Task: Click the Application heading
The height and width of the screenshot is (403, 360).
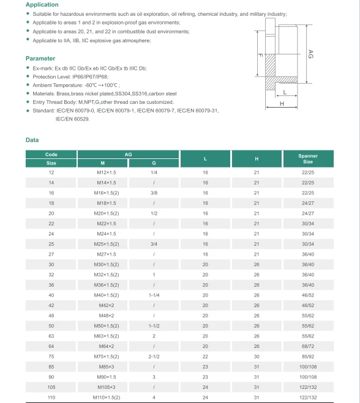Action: click(x=42, y=5)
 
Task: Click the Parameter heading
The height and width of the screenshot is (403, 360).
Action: click(x=40, y=59)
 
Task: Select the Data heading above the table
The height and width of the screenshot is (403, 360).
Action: click(x=32, y=140)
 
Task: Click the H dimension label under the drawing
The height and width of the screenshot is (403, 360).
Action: click(x=282, y=104)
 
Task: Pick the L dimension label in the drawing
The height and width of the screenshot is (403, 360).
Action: click(x=286, y=92)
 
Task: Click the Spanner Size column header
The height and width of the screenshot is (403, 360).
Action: click(x=308, y=159)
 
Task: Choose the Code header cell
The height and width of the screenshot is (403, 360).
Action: click(x=51, y=155)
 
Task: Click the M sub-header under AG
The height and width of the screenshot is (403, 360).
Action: click(x=103, y=163)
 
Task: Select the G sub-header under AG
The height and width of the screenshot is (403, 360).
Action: click(x=154, y=163)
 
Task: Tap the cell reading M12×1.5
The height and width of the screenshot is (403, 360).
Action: click(x=103, y=172)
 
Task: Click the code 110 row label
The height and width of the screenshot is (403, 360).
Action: click(x=51, y=398)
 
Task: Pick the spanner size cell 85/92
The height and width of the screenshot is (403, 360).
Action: click(x=308, y=357)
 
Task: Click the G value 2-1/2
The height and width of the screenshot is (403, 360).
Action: click(x=154, y=357)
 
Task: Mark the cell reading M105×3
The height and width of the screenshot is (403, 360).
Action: click(x=103, y=388)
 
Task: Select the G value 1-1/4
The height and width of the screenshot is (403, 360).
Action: click(x=154, y=295)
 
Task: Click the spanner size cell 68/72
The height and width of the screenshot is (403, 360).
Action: click(x=308, y=346)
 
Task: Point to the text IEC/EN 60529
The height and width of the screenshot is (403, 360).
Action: click(x=73, y=119)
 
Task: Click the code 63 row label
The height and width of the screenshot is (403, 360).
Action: click(x=51, y=336)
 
